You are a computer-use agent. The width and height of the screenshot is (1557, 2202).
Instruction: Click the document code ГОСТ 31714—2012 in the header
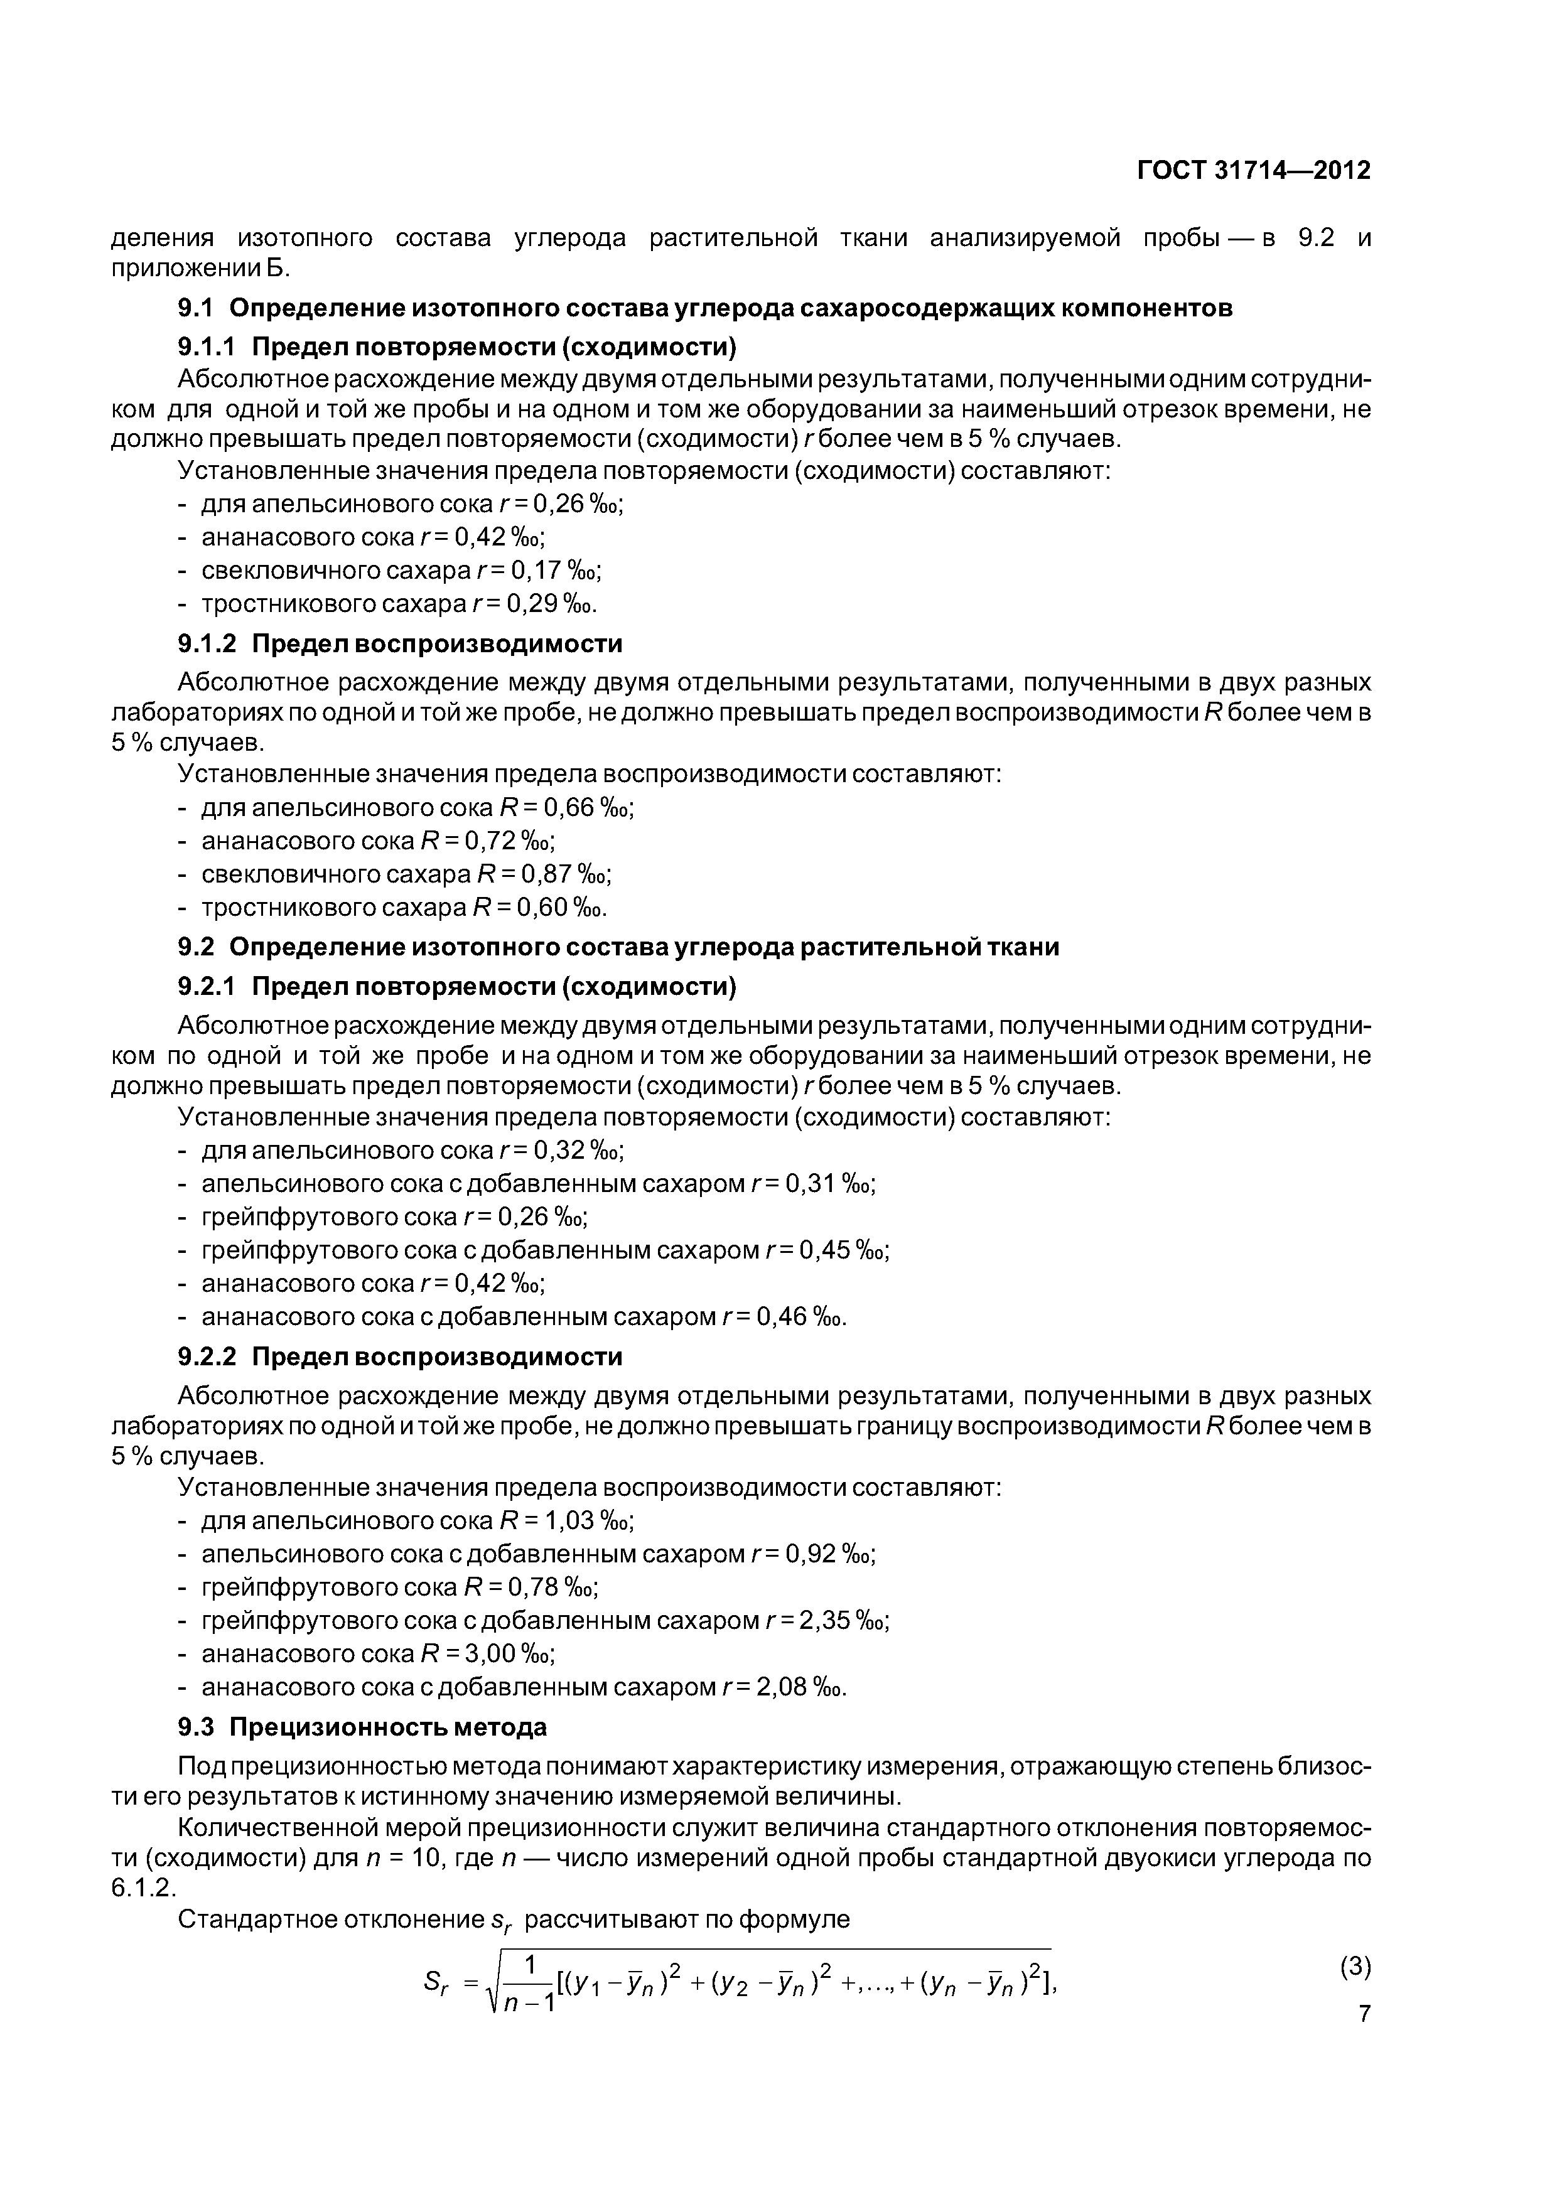(x=1253, y=171)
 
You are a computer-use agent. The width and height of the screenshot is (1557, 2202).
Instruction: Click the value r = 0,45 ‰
(x=827, y=1250)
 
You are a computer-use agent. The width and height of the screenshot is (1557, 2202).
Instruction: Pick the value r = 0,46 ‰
(x=784, y=1317)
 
